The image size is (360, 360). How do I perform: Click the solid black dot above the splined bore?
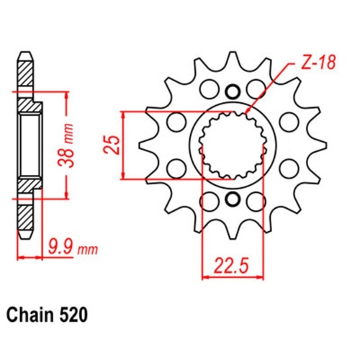click(x=232, y=91)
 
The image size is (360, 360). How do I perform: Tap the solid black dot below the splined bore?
click(x=232, y=199)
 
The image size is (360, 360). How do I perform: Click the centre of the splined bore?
click(x=232, y=145)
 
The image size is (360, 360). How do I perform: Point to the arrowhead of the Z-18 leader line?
click(x=247, y=114)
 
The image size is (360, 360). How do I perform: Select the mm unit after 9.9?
click(x=86, y=251)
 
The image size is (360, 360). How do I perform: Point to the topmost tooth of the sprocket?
click(x=232, y=61)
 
